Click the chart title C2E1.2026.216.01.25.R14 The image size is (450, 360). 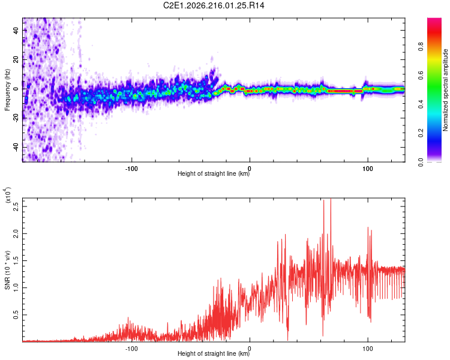point(214,5)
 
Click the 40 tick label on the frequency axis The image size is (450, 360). point(16,30)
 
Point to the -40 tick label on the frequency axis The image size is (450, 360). point(16,147)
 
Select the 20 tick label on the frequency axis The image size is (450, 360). point(16,59)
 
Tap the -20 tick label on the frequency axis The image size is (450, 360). point(16,118)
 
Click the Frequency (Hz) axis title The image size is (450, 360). point(7,89)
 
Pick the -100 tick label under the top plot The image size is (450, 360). point(131,169)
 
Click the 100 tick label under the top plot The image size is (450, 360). point(367,169)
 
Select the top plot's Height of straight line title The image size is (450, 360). point(214,173)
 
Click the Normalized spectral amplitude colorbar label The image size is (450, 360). point(445,90)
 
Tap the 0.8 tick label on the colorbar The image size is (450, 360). point(421,47)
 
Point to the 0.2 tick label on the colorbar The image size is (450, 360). point(421,133)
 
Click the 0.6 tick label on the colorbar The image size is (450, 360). point(421,76)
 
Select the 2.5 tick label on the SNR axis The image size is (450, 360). point(16,206)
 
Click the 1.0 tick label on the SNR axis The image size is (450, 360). point(16,287)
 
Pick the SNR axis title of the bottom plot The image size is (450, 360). point(7,270)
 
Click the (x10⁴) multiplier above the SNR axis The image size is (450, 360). point(7,195)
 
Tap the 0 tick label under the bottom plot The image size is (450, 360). point(250,349)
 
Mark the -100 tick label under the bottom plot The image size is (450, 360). point(131,349)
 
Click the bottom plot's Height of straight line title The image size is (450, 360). point(214,353)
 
